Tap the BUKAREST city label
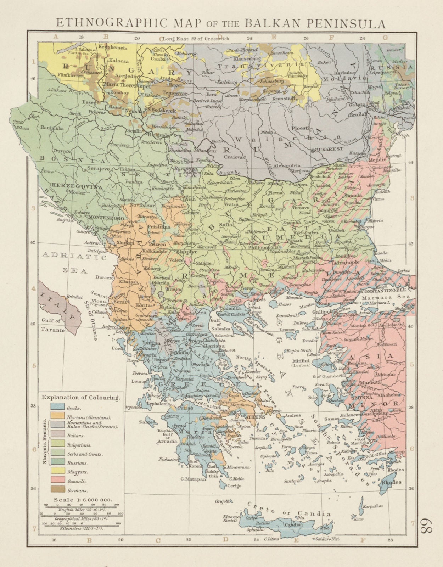330,149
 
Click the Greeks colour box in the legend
57,407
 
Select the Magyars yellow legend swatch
57,472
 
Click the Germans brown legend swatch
57,490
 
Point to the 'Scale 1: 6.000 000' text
82,500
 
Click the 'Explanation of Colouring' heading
80,397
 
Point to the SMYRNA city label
360,397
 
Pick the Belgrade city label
158,135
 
